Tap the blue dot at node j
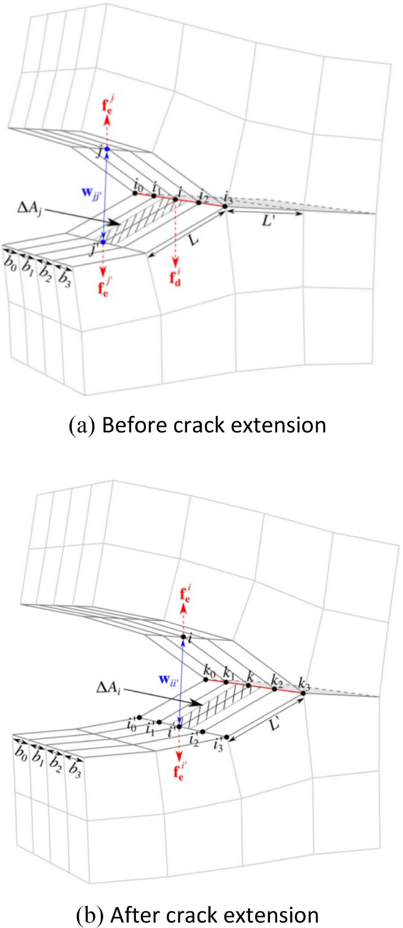(x=107, y=149)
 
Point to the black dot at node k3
(x=303, y=693)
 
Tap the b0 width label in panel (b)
(x=22, y=753)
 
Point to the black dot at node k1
(x=226, y=682)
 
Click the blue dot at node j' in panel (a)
(x=103, y=242)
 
